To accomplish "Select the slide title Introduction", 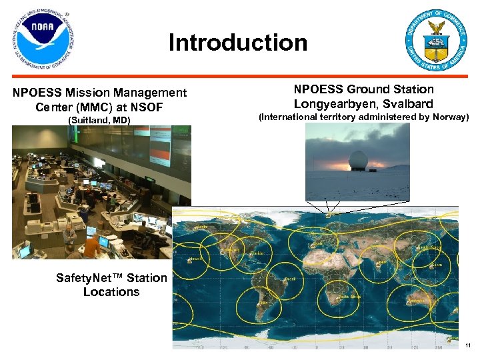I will point(238,43).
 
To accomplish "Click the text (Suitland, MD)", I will point(99,120).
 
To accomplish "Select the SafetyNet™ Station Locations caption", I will point(111,285).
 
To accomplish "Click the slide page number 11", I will point(468,345).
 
